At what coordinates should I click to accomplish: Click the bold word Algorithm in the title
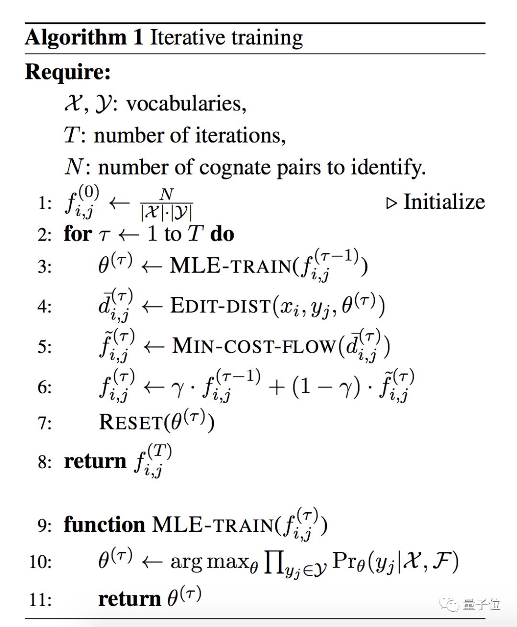tap(75, 38)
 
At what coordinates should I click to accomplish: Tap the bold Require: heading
tap(68, 72)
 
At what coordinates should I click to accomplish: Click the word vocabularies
tap(186, 104)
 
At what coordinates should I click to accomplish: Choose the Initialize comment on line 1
tap(444, 202)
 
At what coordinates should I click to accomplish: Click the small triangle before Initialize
tap(392, 203)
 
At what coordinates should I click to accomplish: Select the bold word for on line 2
tap(78, 234)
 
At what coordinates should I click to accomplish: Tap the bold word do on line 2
tap(222, 234)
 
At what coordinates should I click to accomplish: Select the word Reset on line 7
tap(131, 423)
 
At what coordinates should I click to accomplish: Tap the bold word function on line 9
tap(104, 525)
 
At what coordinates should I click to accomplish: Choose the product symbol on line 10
tap(274, 562)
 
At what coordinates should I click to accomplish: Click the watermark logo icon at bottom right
tap(450, 604)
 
